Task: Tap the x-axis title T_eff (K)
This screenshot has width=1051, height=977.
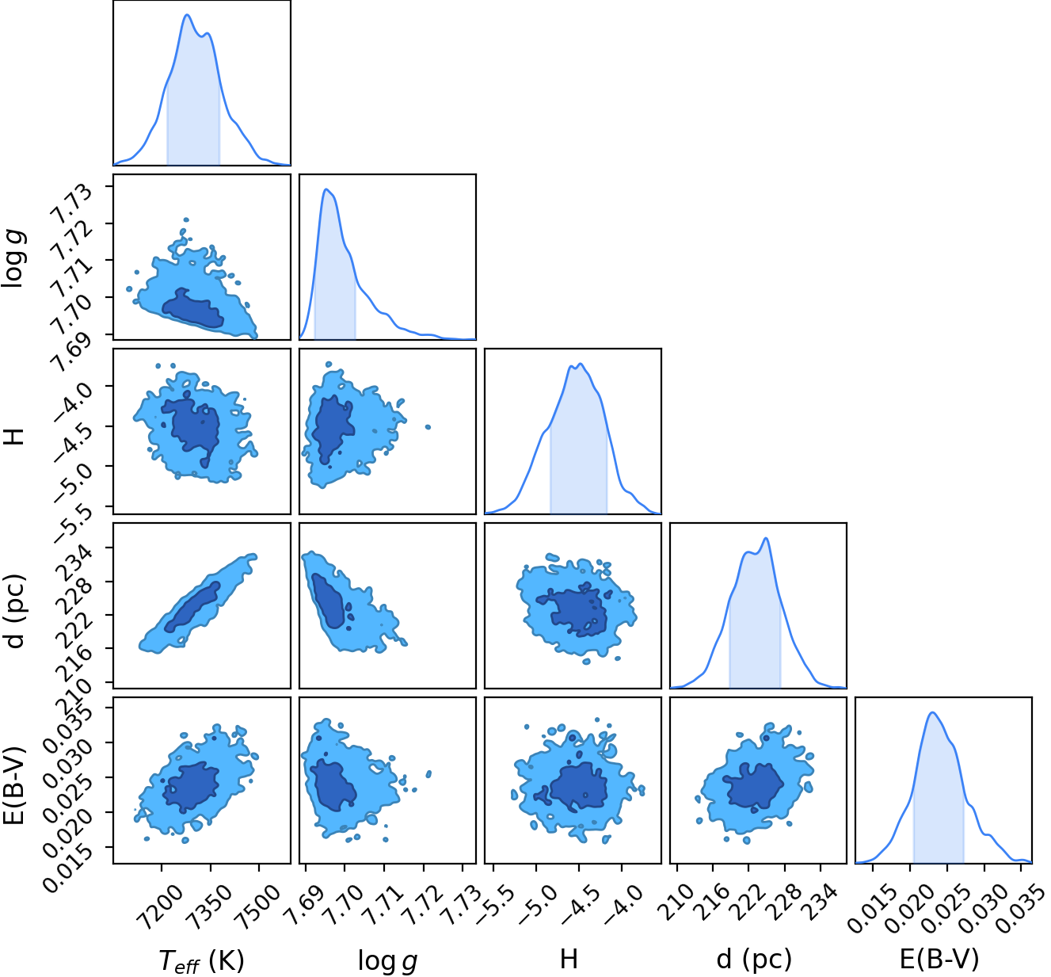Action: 202,960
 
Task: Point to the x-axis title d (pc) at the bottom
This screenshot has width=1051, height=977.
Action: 755,959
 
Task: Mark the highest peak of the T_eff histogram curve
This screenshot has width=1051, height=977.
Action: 187,15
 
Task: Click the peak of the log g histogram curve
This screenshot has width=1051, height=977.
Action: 326,189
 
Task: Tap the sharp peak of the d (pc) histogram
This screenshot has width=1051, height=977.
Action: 766,539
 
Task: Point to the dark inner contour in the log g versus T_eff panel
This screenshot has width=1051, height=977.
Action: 192,308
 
